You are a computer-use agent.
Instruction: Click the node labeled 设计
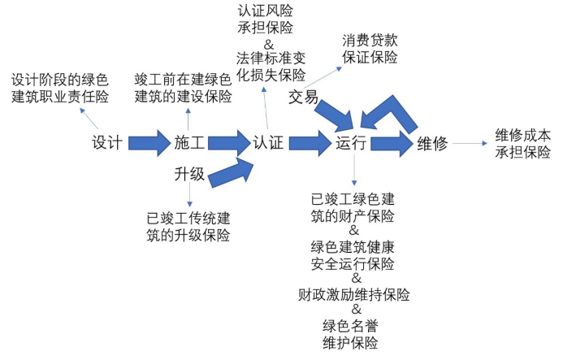(107, 144)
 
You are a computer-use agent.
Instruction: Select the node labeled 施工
(188, 144)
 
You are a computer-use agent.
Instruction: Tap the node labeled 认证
(268, 144)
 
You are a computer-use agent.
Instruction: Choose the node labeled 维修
(432, 144)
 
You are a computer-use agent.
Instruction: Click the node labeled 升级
(188, 175)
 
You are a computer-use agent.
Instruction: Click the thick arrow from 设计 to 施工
(148, 143)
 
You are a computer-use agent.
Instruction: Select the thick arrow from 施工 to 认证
(228, 143)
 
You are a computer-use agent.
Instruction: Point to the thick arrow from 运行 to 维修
(392, 143)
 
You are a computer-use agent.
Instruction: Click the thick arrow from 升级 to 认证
(234, 170)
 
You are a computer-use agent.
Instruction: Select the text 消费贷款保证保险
(370, 49)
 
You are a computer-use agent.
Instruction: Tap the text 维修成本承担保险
(522, 143)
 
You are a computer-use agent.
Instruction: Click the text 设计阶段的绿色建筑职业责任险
(59, 89)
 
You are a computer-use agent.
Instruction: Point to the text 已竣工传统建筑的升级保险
(188, 227)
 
